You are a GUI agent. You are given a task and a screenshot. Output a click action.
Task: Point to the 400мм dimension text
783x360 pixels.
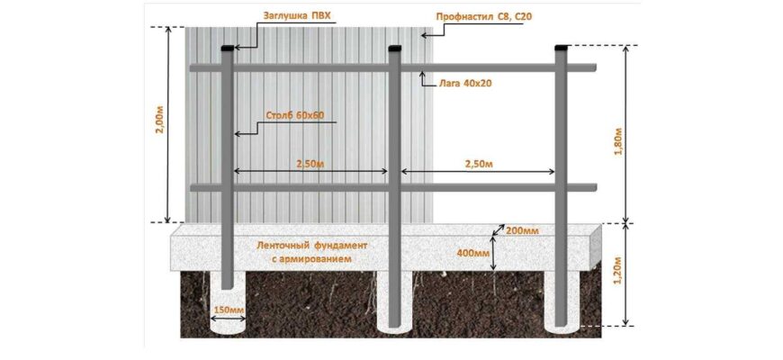point(472,253)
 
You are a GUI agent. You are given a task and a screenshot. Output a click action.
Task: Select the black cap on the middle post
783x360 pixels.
point(394,48)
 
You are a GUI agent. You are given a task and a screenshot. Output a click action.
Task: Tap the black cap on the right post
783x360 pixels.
point(562,48)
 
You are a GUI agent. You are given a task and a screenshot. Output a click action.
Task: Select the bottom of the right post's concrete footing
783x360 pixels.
point(562,330)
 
